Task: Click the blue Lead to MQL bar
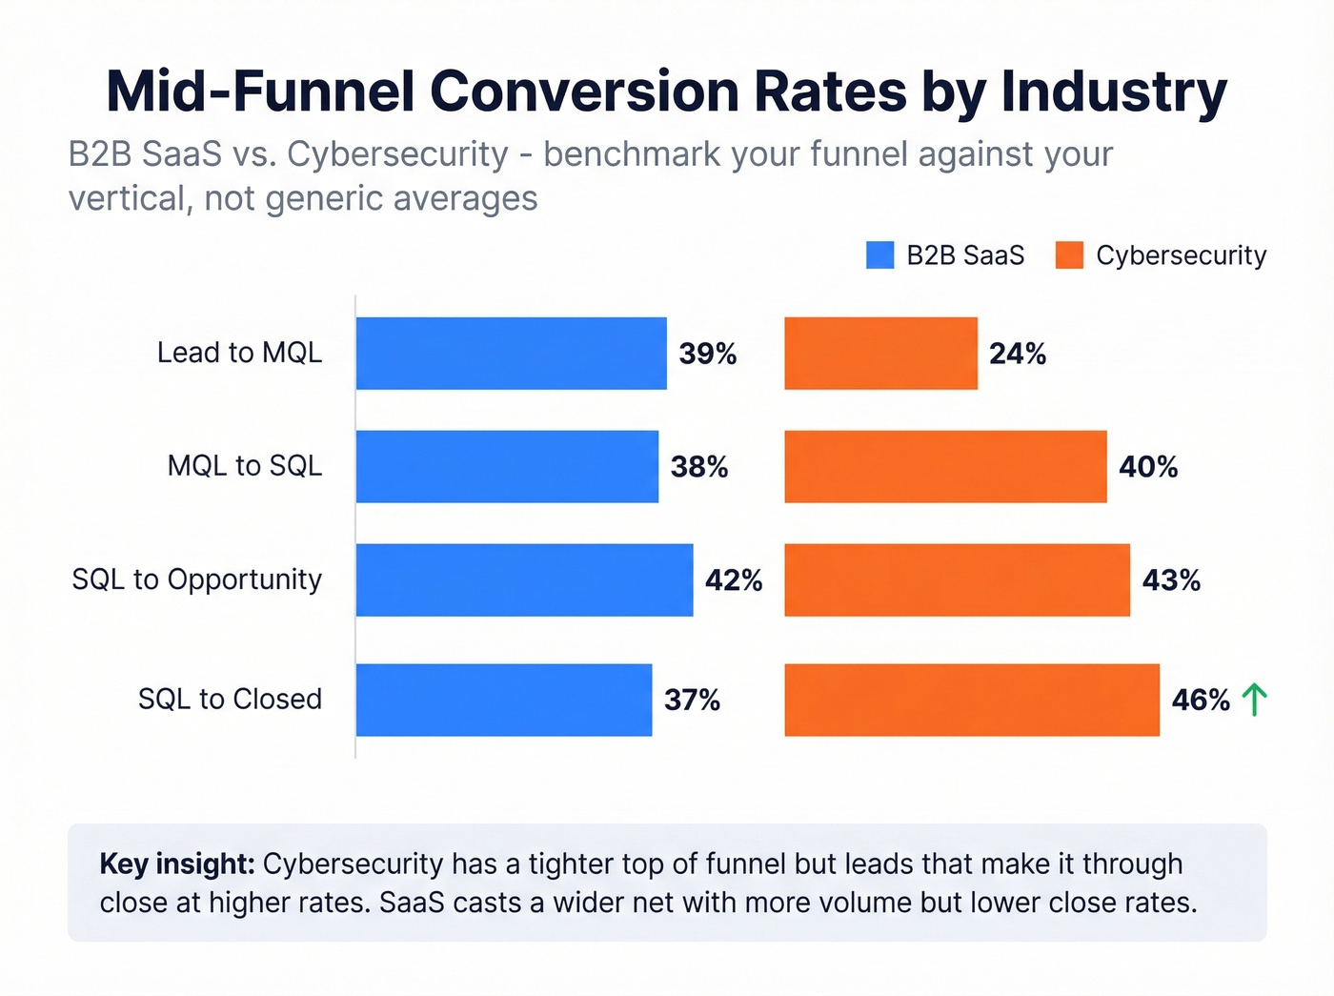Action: (x=511, y=354)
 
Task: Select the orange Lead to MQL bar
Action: (x=880, y=354)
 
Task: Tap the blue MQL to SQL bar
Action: (x=507, y=466)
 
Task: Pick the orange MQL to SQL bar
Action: (x=945, y=466)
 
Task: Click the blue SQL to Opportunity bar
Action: (x=524, y=579)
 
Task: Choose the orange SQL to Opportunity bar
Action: (x=957, y=579)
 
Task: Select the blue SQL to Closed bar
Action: (x=503, y=700)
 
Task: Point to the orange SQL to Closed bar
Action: (x=972, y=700)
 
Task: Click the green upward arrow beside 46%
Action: (x=1254, y=700)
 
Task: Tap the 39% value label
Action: (x=707, y=354)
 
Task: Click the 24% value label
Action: (x=1018, y=354)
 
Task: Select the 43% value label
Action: (x=1171, y=580)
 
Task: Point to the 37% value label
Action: (x=692, y=701)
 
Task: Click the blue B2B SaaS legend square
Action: (x=879, y=255)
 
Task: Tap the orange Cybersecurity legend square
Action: (x=1069, y=255)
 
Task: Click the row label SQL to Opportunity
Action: (x=197, y=579)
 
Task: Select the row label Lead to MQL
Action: (x=239, y=353)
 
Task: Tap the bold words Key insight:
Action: (x=177, y=864)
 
